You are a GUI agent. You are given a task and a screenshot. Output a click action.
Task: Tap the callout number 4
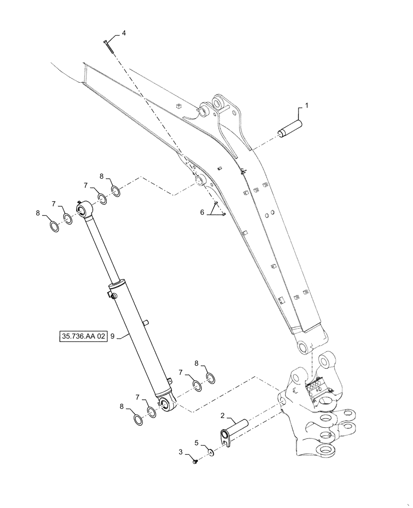(124, 33)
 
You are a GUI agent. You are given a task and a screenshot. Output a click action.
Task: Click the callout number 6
(202, 213)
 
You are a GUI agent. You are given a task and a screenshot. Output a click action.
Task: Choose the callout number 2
(222, 416)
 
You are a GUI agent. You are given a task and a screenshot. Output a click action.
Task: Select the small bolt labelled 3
(195, 460)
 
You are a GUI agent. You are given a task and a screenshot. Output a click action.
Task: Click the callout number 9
(113, 336)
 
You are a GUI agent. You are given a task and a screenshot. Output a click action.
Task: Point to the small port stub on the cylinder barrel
(146, 322)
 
